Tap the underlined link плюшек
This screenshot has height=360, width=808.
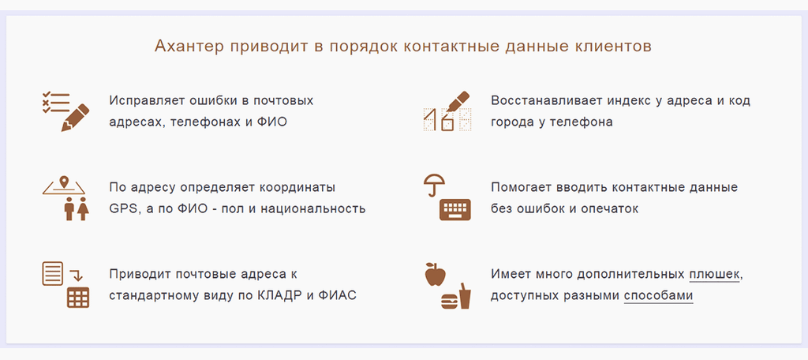tap(714, 274)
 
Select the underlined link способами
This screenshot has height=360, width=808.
tap(658, 297)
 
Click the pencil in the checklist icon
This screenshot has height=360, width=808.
tap(75, 118)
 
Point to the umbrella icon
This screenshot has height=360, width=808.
tap(434, 184)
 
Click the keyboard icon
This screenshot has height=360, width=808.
tap(455, 209)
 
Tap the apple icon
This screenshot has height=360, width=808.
tap(435, 274)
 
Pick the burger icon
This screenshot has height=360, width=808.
tap(449, 302)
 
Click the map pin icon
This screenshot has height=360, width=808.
tap(64, 182)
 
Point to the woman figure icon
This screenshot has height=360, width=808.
tap(83, 208)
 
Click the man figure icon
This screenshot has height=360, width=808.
tap(69, 208)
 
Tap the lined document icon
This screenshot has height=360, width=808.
tap(53, 273)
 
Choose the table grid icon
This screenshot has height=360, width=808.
tap(78, 298)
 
